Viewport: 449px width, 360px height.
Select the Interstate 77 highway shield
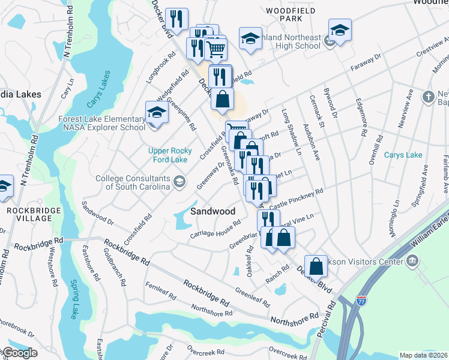(361, 298)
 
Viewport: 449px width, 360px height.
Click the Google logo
(19, 353)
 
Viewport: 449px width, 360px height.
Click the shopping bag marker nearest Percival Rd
(316, 266)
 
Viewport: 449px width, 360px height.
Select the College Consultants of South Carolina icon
(179, 182)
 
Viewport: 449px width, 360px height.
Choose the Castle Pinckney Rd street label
(297, 199)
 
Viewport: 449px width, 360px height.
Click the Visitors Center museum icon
(412, 260)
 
